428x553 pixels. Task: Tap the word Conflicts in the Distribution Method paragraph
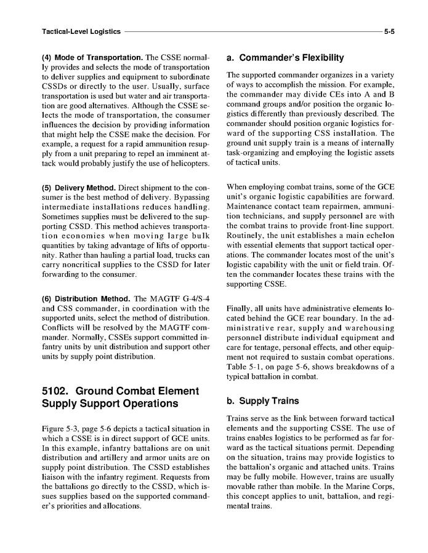[59, 327]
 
